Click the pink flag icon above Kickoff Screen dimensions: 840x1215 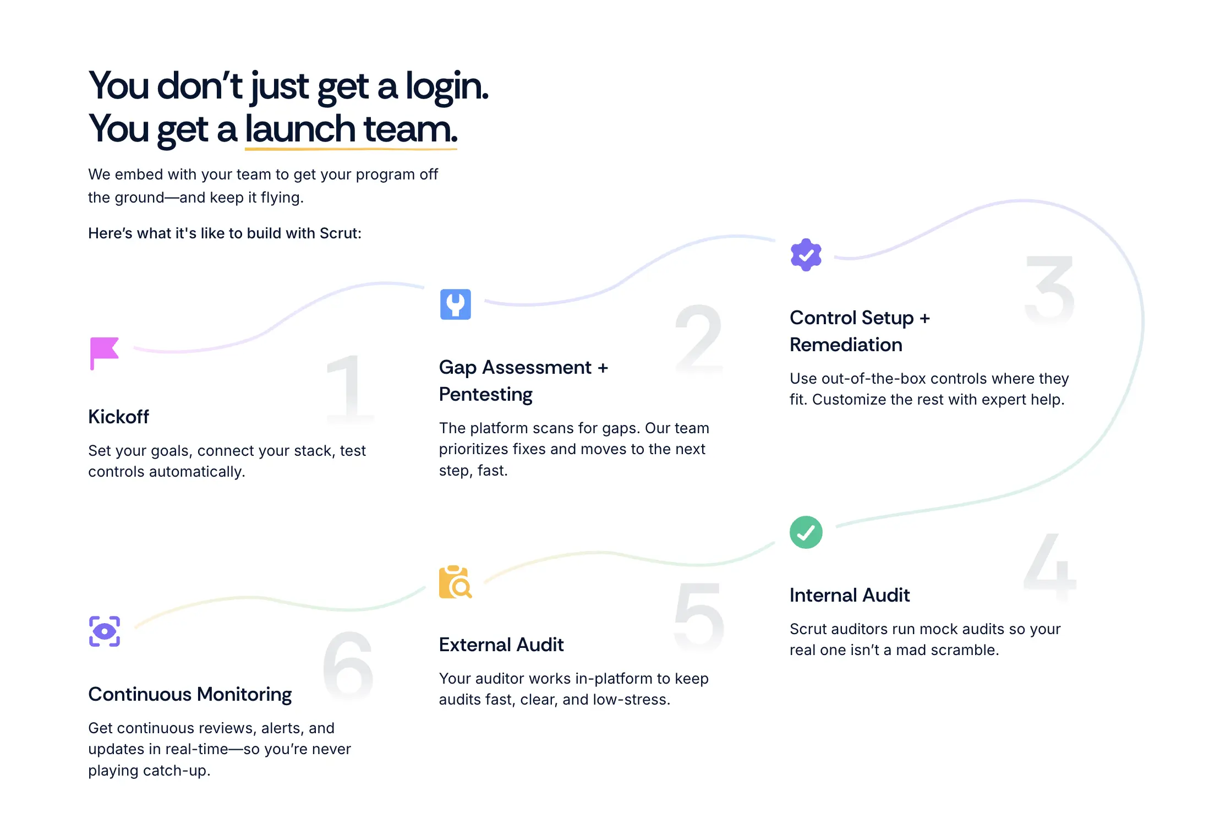tap(105, 353)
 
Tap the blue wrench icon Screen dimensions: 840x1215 tap(455, 304)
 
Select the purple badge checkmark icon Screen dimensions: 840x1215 tap(806, 255)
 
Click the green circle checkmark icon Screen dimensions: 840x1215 tap(806, 532)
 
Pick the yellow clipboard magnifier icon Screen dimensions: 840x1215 tap(455, 582)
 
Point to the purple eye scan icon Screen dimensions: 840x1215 tap(105, 631)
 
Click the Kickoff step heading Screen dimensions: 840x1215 tap(118, 417)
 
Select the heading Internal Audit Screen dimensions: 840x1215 tap(849, 596)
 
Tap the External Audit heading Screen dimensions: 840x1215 tap(501, 645)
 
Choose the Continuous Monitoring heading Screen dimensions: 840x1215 tap(190, 695)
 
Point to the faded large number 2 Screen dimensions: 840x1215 tap(698, 339)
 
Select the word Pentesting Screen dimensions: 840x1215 tap(485, 395)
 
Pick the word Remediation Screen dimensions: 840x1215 tap(846, 345)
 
